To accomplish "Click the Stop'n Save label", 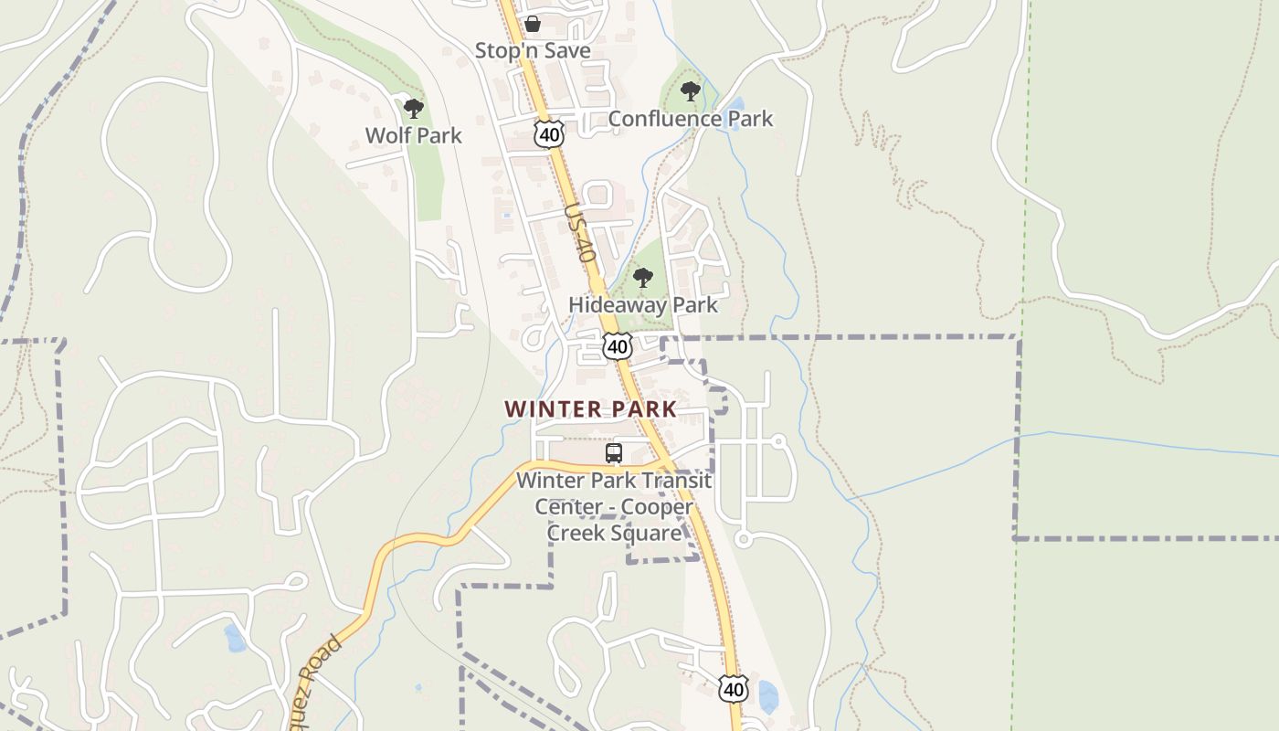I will click(x=533, y=50).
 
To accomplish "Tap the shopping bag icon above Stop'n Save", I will click(x=533, y=24).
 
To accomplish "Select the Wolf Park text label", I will click(x=413, y=135).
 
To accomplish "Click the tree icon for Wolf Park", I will click(x=414, y=109).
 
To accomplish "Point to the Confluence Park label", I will click(x=690, y=119).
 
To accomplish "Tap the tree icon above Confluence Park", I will click(x=691, y=91).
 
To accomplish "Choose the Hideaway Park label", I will click(x=643, y=304).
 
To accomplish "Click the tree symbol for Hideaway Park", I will click(x=643, y=278).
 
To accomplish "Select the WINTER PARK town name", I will click(x=591, y=409).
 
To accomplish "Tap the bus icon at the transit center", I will click(x=614, y=453).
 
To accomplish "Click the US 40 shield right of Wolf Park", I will click(x=549, y=135).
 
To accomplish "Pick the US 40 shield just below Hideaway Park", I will click(x=618, y=346).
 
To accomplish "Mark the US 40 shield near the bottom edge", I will click(x=733, y=689).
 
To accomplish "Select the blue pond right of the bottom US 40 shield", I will click(x=768, y=696).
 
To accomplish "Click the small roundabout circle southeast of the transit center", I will click(x=743, y=540).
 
